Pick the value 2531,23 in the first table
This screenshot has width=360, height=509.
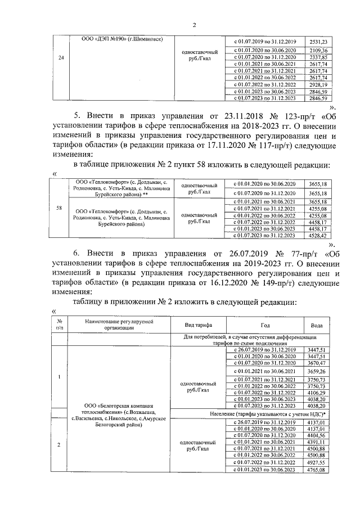tap(318, 42)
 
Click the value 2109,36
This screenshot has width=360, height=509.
tap(318, 50)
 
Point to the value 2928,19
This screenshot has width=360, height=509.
tap(318, 84)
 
